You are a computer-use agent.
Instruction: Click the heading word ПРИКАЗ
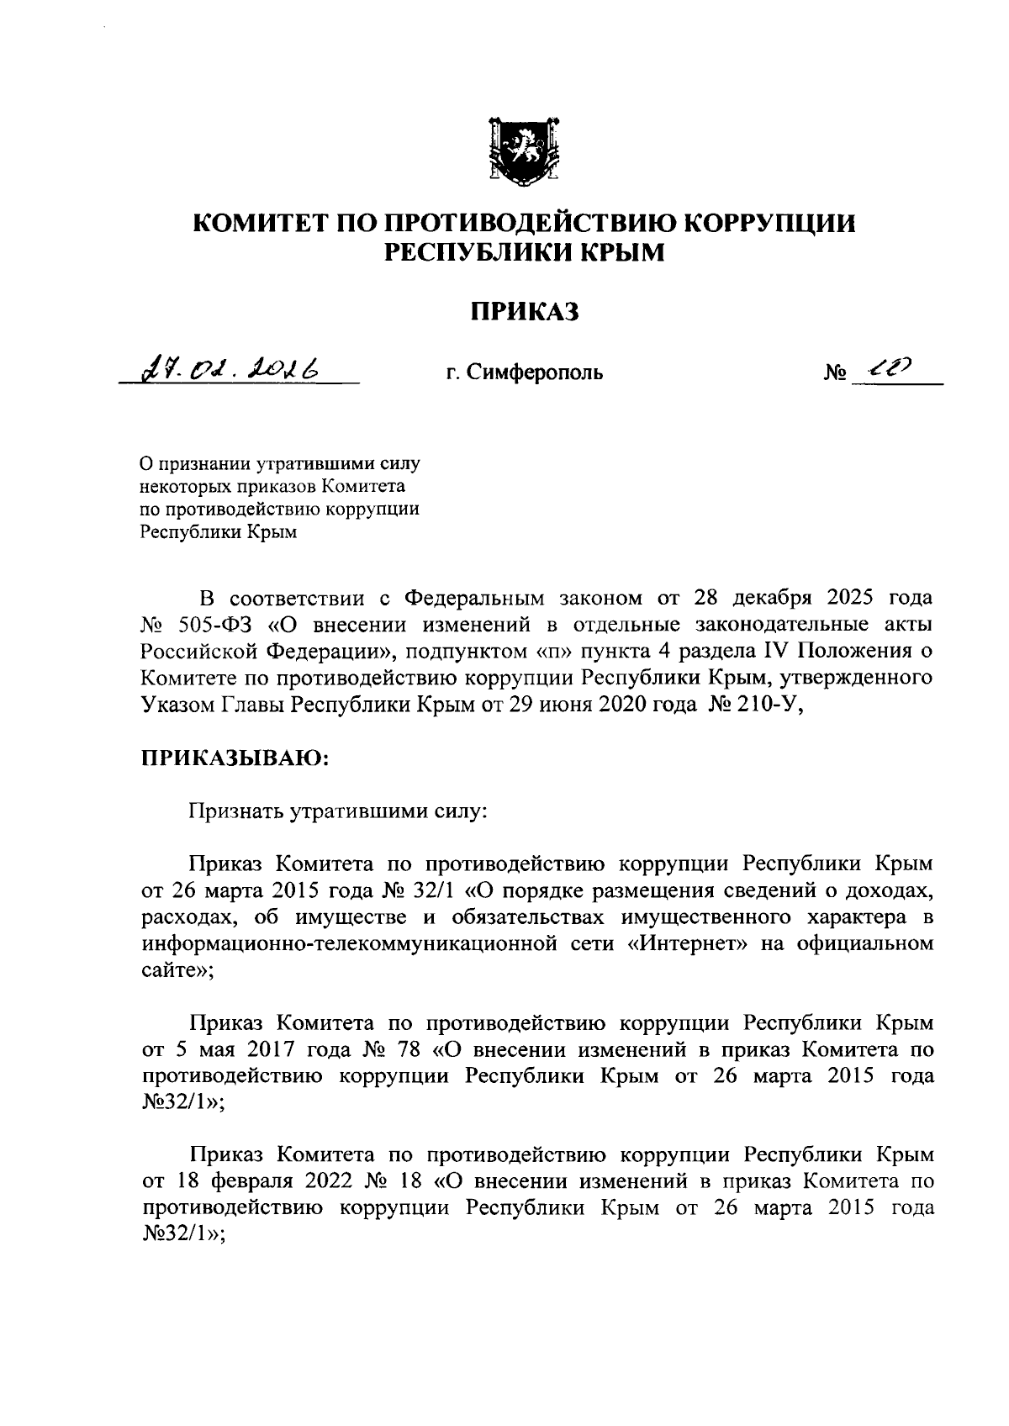[524, 313]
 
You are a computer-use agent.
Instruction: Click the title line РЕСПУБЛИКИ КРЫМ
[524, 251]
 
